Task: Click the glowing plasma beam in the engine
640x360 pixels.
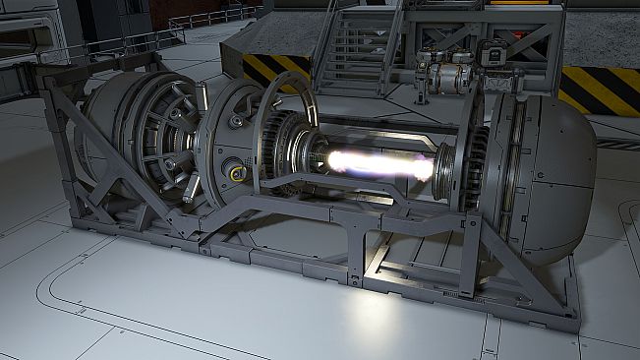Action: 378,161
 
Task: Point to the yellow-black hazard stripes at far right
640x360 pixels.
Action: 600,89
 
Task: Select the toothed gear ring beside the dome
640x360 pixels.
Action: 474,167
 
